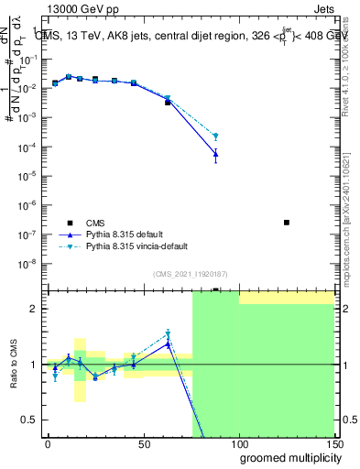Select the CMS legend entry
(x=96, y=223)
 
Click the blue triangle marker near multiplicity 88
(x=215, y=154)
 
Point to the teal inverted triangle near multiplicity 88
(x=215, y=136)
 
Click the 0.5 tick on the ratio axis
(x=29, y=420)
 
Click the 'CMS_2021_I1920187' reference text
(x=188, y=273)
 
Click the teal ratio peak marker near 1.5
(x=168, y=334)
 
